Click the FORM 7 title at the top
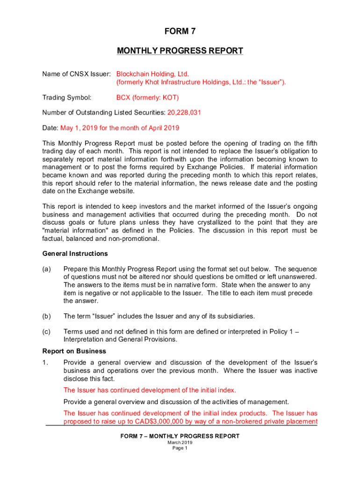(x=180, y=32)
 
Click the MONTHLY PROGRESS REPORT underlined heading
(x=180, y=51)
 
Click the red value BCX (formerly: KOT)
(x=147, y=98)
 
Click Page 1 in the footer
(x=180, y=448)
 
